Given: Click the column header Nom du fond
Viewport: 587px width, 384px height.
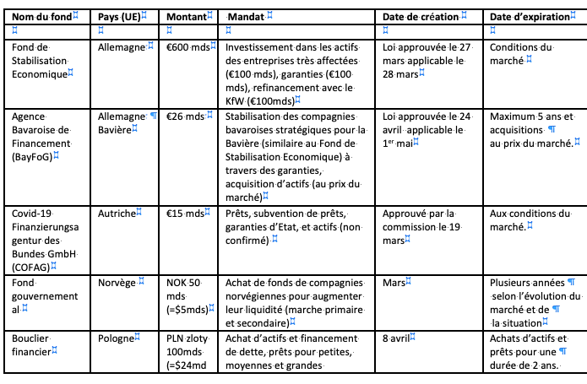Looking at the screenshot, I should tap(41, 16).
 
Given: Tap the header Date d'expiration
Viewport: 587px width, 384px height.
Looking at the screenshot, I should tap(530, 16).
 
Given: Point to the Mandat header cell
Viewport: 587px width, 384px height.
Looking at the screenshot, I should tap(248, 16).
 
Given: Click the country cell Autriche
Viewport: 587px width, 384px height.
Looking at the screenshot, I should tap(117, 214).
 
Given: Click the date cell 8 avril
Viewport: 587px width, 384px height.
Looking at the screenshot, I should tap(399, 338).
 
